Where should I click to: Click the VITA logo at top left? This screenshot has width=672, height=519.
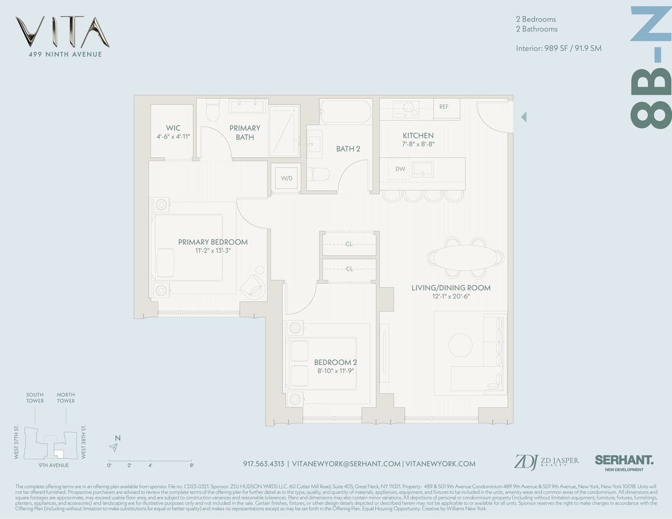[x=62, y=32]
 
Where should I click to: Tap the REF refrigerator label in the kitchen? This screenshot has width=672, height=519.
[x=443, y=107]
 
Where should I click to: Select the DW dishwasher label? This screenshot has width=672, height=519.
[x=400, y=169]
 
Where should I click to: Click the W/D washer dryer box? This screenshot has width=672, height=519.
[x=287, y=178]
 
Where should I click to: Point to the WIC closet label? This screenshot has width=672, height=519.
[x=173, y=128]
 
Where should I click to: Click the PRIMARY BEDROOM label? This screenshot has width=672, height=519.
[x=212, y=242]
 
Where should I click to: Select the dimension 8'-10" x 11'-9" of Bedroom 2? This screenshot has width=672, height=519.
[x=335, y=371]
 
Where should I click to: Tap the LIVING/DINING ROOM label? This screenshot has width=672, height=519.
[x=451, y=288]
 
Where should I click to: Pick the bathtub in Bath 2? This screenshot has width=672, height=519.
[x=346, y=111]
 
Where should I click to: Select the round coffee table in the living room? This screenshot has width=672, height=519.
[x=461, y=344]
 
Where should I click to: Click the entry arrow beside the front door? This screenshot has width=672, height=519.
[x=523, y=117]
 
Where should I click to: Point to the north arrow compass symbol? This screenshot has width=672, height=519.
[x=114, y=447]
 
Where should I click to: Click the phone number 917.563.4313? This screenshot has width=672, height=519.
[x=263, y=464]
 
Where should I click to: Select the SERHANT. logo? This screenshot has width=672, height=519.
[x=624, y=460]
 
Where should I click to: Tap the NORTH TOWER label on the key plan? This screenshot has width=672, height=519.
[x=66, y=398]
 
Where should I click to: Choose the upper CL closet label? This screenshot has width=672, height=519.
[x=349, y=244]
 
